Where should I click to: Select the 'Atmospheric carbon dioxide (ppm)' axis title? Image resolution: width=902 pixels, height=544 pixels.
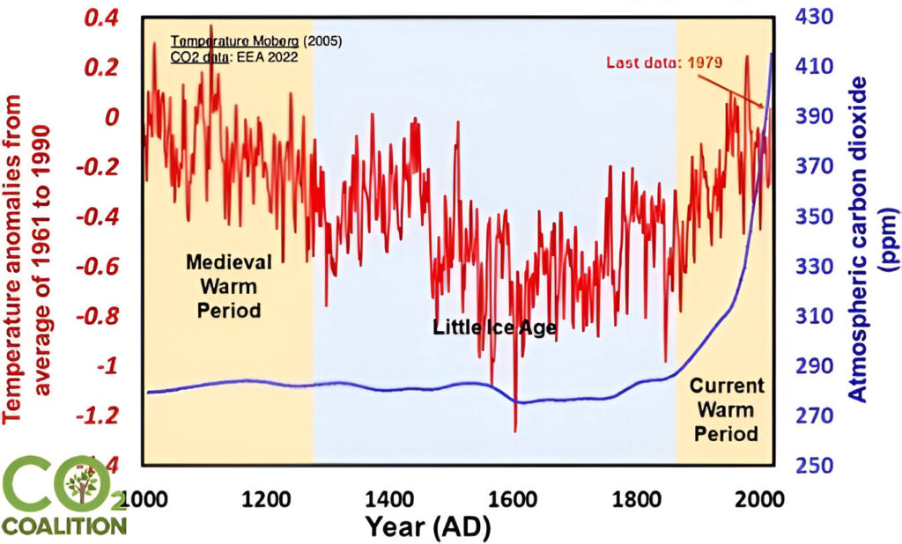[x=875, y=239]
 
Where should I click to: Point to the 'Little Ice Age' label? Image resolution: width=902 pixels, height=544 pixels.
[x=494, y=328]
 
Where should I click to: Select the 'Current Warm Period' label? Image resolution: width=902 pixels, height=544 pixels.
[x=726, y=409]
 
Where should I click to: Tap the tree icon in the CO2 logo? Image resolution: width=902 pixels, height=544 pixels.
[x=82, y=488]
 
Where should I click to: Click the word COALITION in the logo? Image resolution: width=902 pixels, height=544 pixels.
[x=63, y=526]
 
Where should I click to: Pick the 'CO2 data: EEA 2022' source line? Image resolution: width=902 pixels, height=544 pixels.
[x=233, y=55]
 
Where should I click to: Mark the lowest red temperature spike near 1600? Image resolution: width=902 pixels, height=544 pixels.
[x=515, y=430]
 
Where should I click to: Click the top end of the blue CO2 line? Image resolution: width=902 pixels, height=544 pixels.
[x=773, y=55]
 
